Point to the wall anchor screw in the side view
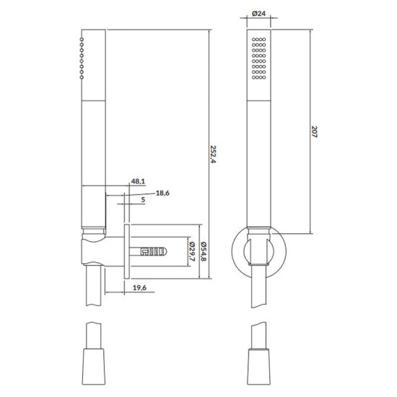click(x=153, y=251)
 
